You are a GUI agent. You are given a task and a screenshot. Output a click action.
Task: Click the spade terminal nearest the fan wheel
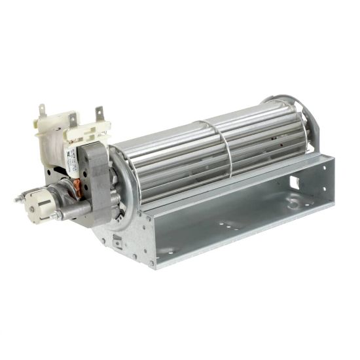[99, 115]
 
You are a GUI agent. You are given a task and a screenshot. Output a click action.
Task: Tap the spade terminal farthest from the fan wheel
[43, 111]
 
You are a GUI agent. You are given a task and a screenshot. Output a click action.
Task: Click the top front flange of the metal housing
[229, 190]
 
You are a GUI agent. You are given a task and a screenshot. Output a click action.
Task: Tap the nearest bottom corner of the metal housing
[152, 265]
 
